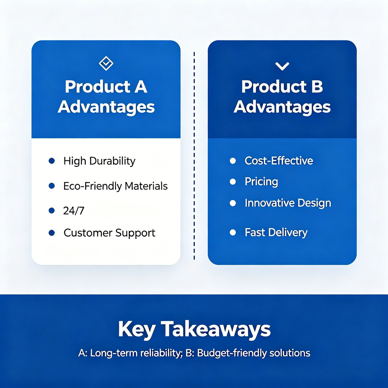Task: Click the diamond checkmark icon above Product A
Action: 106,63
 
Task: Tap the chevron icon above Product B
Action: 282,66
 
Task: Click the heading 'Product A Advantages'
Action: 106,97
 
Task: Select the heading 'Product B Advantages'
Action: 282,97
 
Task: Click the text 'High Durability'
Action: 99,161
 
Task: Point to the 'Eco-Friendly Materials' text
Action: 115,186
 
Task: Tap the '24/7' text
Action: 74,211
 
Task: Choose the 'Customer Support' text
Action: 110,233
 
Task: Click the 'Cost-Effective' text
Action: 279,161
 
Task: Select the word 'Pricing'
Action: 261,182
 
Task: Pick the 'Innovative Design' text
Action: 288,203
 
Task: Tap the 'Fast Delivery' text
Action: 276,233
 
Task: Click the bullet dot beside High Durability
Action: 51,161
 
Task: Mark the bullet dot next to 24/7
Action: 51,210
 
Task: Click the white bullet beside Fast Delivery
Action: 233,232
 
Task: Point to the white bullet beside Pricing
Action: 233,181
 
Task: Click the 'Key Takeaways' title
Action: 194,330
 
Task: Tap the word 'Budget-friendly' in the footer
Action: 232,353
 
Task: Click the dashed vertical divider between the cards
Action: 194,156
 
